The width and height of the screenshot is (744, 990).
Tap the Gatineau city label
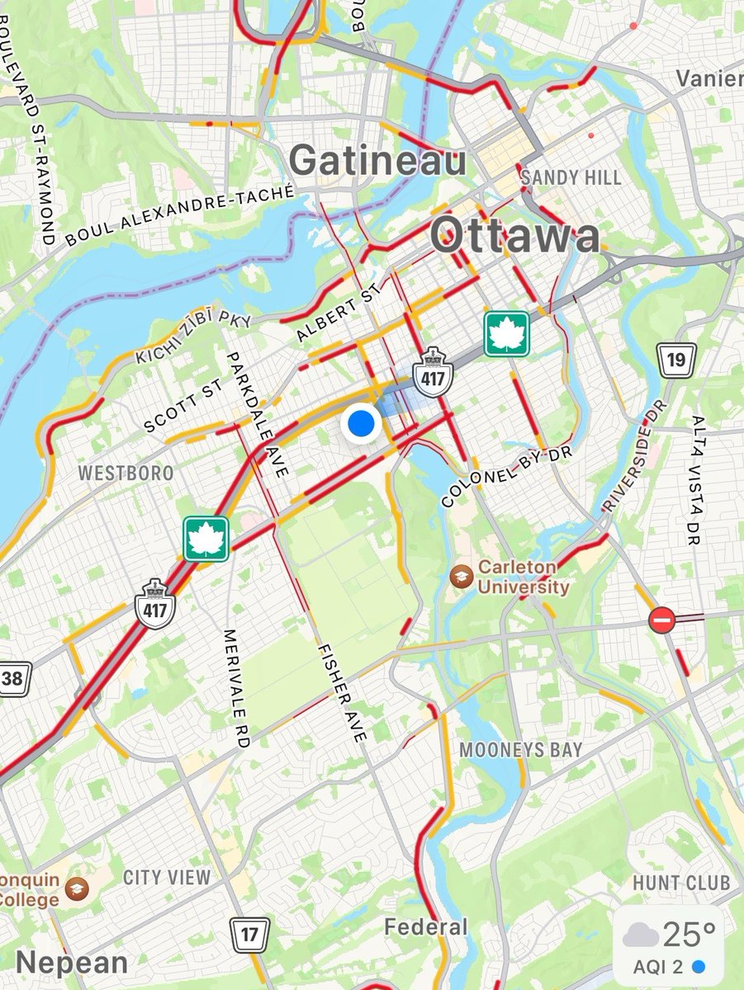coord(378,161)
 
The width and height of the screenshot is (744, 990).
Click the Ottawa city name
coord(515,238)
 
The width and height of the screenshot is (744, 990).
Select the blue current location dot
coord(361,425)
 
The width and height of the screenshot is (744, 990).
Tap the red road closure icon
coord(661,620)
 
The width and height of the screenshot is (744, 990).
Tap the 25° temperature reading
coord(688,934)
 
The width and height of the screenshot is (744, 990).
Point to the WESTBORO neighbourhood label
coord(126,474)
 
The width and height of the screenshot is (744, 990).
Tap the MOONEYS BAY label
coord(521,751)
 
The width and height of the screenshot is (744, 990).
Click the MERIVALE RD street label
coord(235,689)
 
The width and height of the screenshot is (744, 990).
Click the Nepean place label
coord(71,962)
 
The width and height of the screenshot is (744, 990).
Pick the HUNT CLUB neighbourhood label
coord(681,883)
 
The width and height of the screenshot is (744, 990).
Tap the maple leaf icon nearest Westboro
coord(206,539)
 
